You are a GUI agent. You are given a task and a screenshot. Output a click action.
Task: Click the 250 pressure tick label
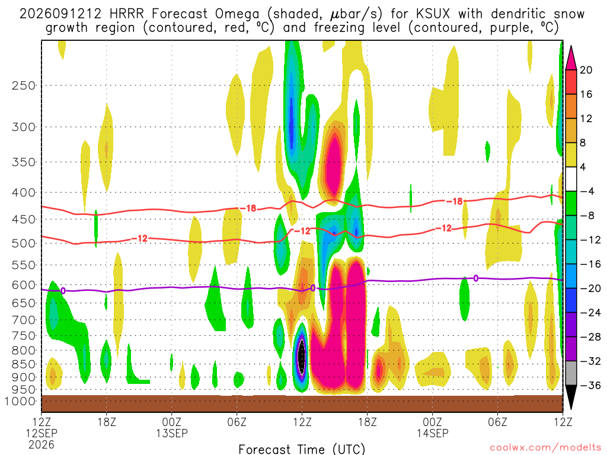pos(24,85)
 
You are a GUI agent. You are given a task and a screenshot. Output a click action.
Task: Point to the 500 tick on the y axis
pos(24,243)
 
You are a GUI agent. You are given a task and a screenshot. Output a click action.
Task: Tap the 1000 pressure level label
pos(20,401)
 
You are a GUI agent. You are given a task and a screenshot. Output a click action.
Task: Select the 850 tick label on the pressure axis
pos(24,364)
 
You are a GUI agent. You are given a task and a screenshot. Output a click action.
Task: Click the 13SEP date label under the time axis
pos(171,433)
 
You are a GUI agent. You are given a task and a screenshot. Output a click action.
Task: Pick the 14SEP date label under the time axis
pos(432,433)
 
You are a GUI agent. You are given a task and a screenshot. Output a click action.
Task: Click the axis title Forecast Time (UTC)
pos(302,449)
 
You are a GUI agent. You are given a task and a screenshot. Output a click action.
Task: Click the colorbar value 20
pos(586,70)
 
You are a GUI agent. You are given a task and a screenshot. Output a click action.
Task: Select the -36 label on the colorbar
pos(590,385)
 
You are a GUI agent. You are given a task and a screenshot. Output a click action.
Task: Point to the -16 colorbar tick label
pos(590,264)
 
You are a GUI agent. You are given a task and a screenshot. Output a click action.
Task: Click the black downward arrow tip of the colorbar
pos(571,409)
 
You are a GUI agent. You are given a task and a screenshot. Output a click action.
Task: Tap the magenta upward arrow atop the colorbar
pos(571,58)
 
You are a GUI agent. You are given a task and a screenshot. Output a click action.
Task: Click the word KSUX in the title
pos(433,14)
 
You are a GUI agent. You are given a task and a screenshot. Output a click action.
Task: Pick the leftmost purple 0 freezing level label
pos(63,290)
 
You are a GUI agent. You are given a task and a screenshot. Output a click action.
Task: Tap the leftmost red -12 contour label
pos(140,238)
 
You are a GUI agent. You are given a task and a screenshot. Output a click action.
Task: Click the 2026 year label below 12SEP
pos(41,444)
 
